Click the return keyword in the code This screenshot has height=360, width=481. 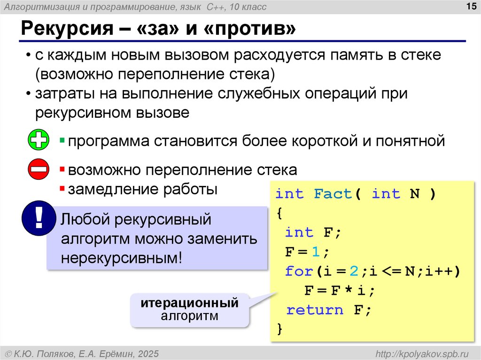[315, 310]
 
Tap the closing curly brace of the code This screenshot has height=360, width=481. [280, 329]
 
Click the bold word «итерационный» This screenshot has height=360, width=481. [189, 303]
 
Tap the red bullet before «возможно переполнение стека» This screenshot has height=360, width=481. [62, 169]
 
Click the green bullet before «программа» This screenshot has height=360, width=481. [62, 140]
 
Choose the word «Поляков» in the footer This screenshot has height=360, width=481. [56, 353]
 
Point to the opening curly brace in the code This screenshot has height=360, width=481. [280, 213]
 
